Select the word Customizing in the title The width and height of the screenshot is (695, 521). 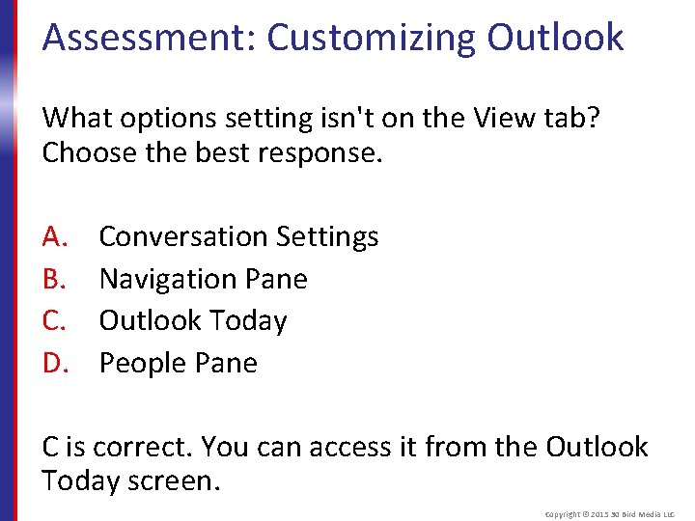coord(371,38)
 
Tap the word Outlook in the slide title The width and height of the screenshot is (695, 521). coord(555,38)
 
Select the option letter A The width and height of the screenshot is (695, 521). coord(53,236)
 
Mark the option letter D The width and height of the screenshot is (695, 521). coord(53,363)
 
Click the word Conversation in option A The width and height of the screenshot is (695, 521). coord(183,236)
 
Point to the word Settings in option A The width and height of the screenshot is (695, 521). coord(327,237)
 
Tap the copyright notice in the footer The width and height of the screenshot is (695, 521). coord(609,514)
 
